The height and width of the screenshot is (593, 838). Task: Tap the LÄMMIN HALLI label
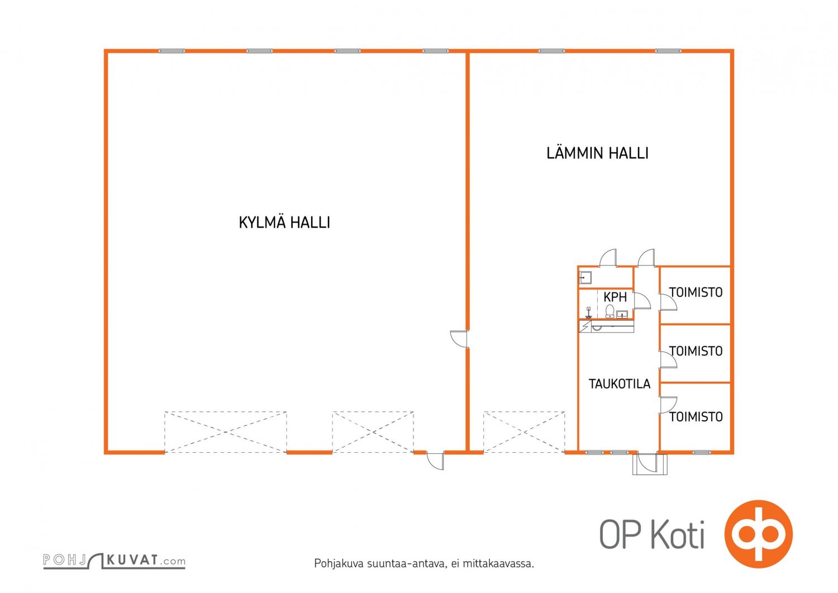point(597,153)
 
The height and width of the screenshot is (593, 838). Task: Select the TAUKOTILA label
point(620,384)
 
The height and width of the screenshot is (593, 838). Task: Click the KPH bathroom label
point(615,297)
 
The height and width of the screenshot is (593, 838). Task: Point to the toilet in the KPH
point(610,311)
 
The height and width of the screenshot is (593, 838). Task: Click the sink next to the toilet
point(622,314)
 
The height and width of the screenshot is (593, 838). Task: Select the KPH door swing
point(642,301)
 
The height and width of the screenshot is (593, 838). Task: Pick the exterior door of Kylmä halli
point(435,461)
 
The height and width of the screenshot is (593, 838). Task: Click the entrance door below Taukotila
point(648,463)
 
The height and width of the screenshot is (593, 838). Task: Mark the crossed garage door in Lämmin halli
point(524,432)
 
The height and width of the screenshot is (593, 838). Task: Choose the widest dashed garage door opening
point(226,432)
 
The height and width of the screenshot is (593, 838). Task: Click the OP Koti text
point(652,535)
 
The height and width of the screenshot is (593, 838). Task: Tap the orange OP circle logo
point(758,534)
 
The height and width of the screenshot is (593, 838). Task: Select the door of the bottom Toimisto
point(668,405)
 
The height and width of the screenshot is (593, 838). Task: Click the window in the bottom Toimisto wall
point(702,452)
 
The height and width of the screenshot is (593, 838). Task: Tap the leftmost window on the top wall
point(172,51)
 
